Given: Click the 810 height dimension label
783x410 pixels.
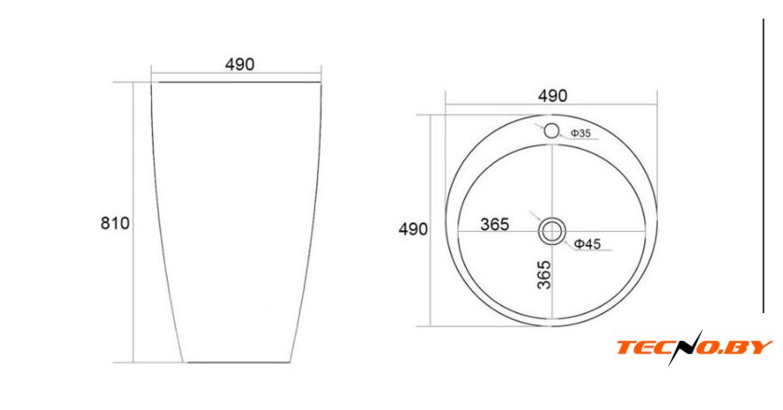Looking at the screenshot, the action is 115,223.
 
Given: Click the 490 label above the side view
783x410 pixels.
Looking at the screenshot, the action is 240,64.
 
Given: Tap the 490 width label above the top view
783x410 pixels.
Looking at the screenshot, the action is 552,96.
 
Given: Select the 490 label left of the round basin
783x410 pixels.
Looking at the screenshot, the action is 413,229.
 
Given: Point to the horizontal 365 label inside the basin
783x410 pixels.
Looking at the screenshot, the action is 494,225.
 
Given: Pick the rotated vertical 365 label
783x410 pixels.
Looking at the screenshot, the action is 544,275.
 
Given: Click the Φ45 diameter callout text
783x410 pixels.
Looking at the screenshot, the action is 587,244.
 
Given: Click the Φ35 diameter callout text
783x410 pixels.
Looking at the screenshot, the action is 581,133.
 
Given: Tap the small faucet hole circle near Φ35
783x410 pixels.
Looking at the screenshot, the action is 551,130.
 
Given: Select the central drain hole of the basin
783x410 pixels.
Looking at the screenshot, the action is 552,231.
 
